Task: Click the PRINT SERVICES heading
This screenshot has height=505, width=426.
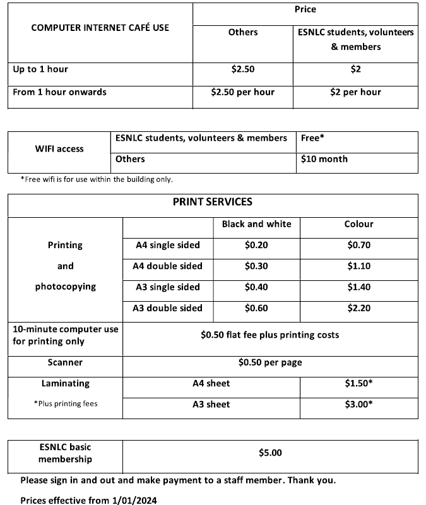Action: tap(212, 202)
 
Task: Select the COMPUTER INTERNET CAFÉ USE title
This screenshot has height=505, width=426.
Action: tap(100, 28)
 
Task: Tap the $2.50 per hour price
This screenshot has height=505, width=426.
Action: tap(243, 92)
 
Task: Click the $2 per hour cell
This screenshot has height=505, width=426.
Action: tap(355, 92)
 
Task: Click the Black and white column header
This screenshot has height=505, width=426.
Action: tap(256, 224)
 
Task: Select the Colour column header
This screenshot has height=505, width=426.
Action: tap(358, 224)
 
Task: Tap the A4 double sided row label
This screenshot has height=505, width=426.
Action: tap(167, 266)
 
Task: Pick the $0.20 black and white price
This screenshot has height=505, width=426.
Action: tap(256, 246)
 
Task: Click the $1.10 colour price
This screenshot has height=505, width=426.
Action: tap(358, 266)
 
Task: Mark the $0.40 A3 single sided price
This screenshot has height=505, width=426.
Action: tap(256, 287)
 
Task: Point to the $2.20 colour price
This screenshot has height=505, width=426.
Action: tap(358, 308)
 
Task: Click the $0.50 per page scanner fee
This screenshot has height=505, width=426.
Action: tap(270, 362)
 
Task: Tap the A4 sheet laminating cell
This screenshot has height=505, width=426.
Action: tap(211, 383)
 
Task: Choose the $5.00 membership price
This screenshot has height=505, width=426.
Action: tap(270, 453)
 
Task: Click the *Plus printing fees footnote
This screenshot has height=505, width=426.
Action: tap(65, 403)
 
